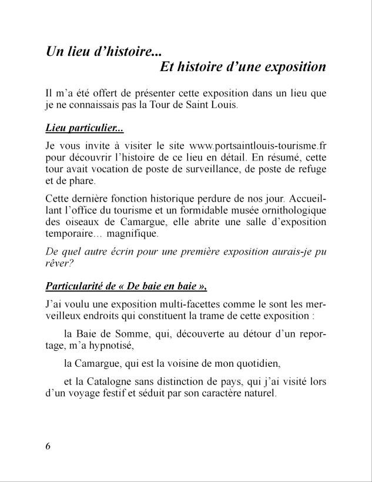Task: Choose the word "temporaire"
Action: [70, 234]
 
